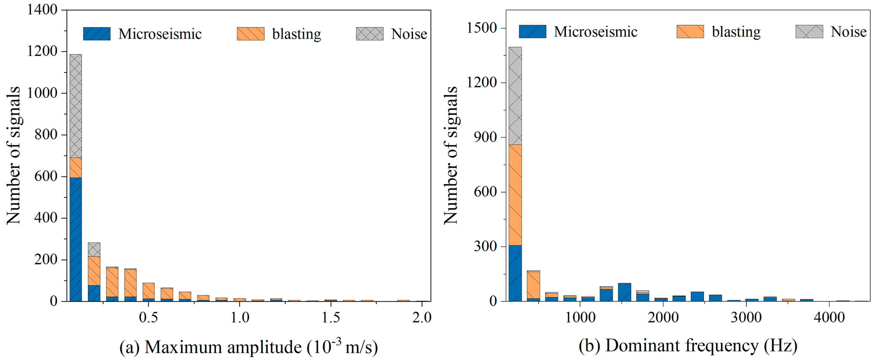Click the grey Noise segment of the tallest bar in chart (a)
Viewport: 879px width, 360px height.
75,106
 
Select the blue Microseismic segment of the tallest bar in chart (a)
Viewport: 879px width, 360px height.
75,239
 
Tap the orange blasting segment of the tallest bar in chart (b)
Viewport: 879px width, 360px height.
515,194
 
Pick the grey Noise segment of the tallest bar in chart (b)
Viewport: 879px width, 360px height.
515,95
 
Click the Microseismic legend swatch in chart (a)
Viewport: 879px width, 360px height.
97,34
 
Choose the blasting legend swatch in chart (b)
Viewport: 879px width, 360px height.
690,31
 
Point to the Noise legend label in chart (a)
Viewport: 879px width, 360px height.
409,34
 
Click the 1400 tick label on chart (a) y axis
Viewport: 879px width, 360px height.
42,9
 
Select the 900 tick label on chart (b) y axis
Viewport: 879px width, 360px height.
485,137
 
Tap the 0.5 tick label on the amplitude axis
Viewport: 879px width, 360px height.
148,317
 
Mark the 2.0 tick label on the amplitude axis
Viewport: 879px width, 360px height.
422,317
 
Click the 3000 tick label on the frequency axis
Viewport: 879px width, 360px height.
746,317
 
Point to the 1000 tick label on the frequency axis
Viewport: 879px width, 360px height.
580,317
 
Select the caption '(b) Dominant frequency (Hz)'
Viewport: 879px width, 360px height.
688,345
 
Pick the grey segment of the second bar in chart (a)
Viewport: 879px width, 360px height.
94,249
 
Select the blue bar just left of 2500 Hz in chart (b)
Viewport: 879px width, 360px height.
697,296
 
